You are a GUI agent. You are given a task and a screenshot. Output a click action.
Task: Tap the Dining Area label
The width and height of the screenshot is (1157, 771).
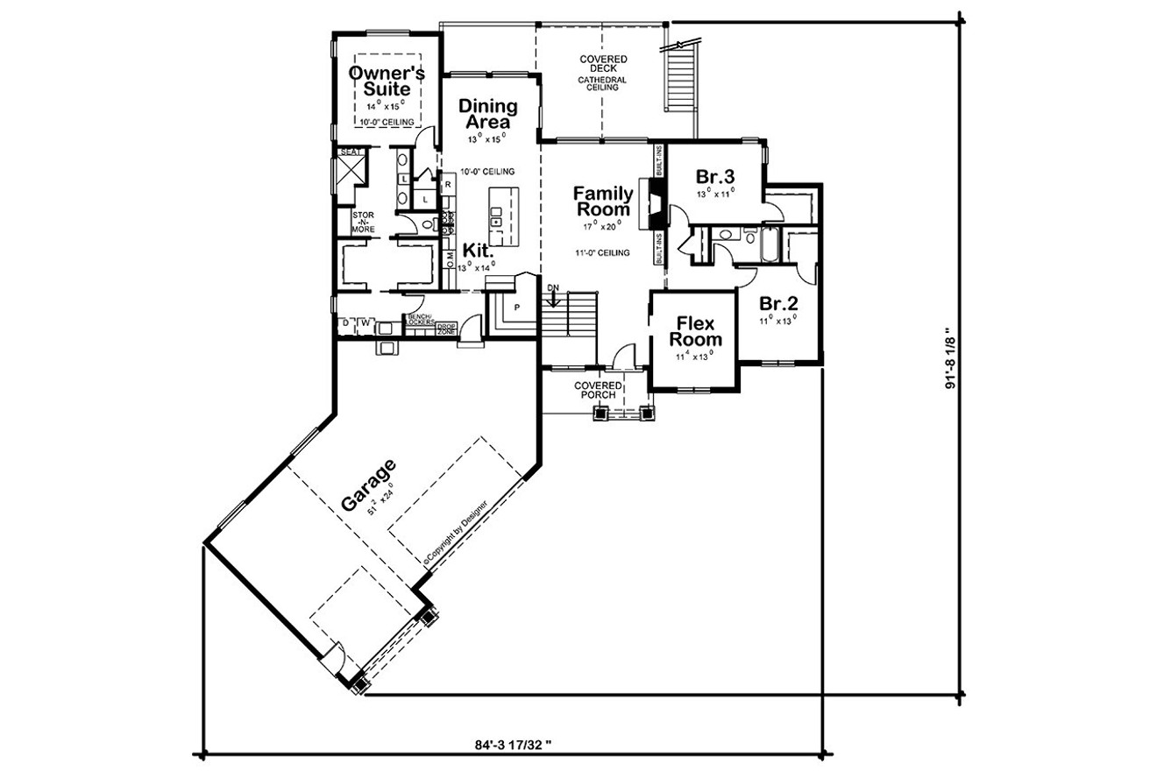(x=488, y=114)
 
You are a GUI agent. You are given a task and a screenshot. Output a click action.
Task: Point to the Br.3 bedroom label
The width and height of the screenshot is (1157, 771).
(x=714, y=173)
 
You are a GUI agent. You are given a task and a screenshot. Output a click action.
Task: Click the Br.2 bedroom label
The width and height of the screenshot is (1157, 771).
(x=777, y=304)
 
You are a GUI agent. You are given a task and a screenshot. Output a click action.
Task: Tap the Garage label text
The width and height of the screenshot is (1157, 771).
(x=368, y=485)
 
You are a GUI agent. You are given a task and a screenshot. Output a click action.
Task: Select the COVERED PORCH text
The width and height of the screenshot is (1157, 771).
(x=598, y=391)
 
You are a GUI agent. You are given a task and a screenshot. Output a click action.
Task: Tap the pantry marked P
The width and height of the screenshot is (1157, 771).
(x=517, y=307)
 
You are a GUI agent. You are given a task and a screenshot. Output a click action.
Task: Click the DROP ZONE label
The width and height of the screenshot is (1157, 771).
(x=447, y=329)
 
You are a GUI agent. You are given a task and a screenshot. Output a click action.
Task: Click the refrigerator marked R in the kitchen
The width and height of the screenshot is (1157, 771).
(x=447, y=185)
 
